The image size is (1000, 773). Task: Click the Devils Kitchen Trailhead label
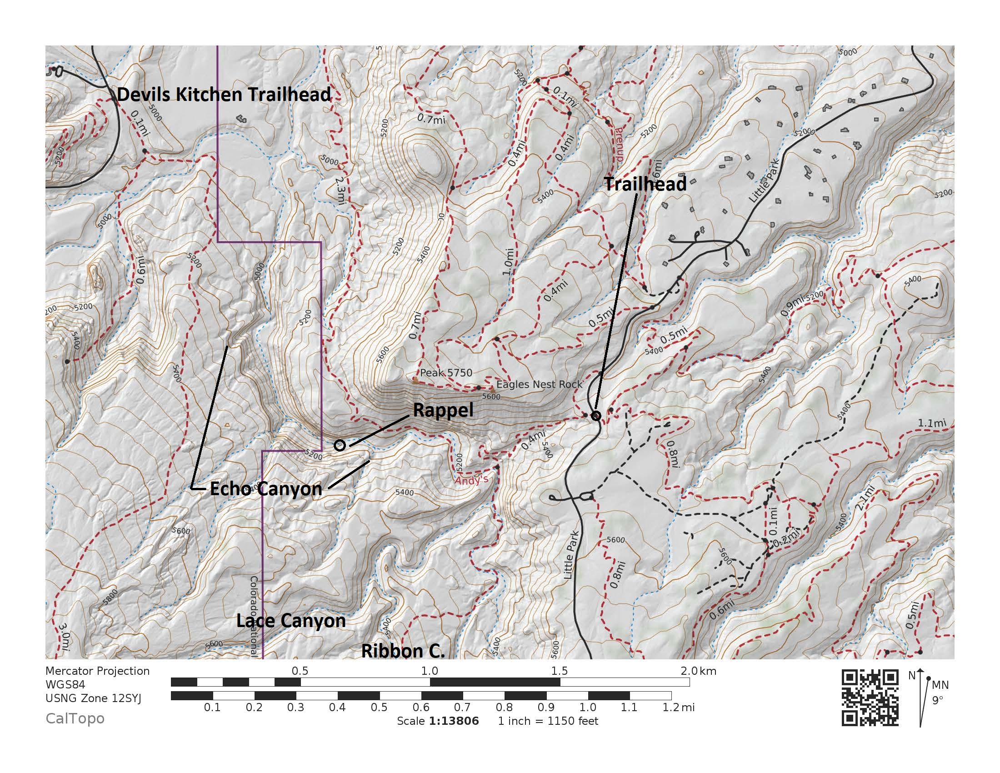coord(224,94)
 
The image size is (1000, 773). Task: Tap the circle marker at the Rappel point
coord(339,445)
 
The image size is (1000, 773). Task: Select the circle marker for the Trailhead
coord(596,416)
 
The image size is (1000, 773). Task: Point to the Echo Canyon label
coord(266,489)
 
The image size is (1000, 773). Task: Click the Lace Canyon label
coord(291,621)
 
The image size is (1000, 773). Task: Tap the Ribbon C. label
coord(403,651)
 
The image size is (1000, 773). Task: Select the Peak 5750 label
coord(446,373)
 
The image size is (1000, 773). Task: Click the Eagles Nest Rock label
coord(539,384)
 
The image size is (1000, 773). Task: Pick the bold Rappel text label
coord(443,410)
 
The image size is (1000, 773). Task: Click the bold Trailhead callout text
coord(645,184)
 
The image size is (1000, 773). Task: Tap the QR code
coord(870,698)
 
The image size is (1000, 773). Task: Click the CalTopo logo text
coord(75,718)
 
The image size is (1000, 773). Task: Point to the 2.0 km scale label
coord(698,671)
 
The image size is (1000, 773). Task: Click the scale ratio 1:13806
coord(453,721)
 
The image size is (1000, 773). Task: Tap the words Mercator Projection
coord(98,671)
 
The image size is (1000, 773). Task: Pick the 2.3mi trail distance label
coord(340,191)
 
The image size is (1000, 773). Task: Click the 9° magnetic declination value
coord(937,700)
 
